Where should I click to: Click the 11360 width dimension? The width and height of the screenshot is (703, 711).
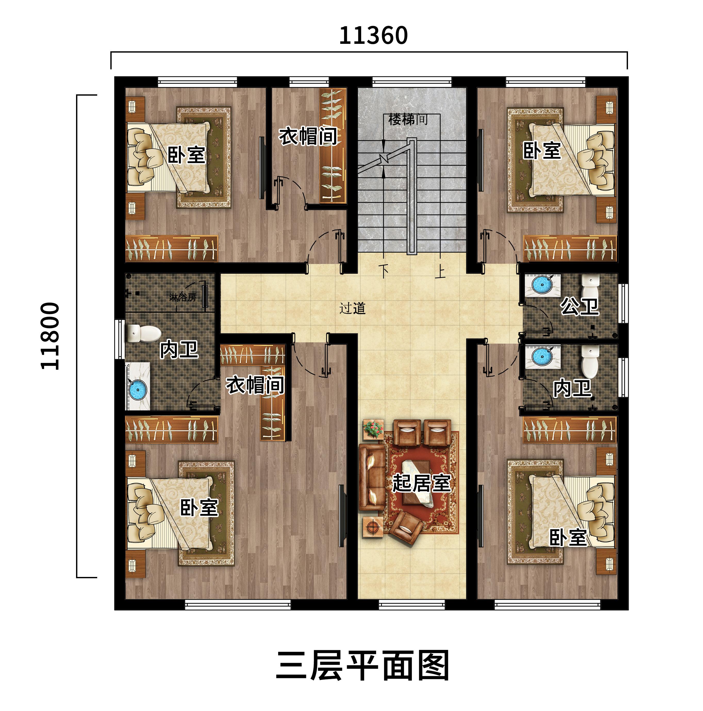tap(373, 36)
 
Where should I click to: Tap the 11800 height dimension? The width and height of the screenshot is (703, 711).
tap(50, 336)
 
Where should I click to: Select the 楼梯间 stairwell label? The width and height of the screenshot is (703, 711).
tap(408, 120)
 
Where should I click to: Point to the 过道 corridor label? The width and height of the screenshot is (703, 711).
tap(352, 308)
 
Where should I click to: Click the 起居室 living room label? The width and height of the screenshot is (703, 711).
tap(421, 483)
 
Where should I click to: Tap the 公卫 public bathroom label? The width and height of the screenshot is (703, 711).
tap(580, 306)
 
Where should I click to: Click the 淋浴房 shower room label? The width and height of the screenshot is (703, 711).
tap(183, 297)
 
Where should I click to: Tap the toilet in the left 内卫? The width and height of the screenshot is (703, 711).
tap(144, 333)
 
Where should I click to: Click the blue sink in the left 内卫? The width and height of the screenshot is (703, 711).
tap(138, 388)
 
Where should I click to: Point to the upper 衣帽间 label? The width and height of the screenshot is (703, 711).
tap(308, 136)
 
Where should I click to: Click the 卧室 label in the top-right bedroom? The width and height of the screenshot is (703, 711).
tap(542, 151)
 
